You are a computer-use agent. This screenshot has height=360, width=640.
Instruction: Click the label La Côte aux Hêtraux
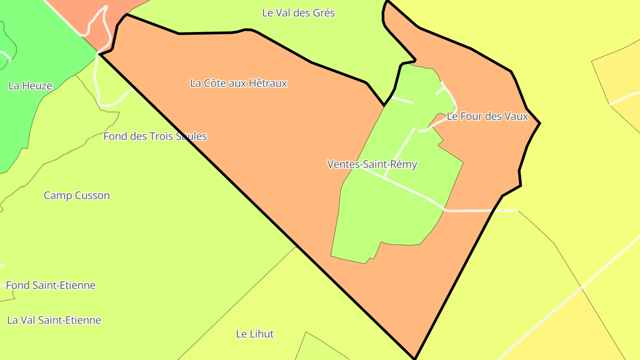click(239, 83)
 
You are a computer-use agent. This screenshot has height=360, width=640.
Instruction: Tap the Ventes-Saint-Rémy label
click(372, 164)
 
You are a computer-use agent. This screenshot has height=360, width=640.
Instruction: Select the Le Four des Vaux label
click(487, 116)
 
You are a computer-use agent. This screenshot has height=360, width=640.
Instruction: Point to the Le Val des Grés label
click(299, 13)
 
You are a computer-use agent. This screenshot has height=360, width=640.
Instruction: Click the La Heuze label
click(30, 86)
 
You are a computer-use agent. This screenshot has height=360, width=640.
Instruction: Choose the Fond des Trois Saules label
click(155, 136)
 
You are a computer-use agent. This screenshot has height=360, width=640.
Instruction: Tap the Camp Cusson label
click(77, 196)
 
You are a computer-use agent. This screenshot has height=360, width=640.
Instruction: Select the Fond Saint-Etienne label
click(51, 285)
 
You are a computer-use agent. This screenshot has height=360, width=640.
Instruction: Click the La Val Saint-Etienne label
click(54, 320)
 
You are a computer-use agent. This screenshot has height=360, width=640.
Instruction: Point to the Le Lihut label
click(255, 334)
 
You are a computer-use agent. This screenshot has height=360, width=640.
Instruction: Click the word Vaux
click(516, 116)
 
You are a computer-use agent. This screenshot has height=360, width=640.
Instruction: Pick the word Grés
click(324, 13)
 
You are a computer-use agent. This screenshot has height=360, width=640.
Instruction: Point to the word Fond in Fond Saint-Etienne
click(18, 285)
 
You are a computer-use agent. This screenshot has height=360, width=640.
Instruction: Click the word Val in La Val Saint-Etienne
click(28, 320)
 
